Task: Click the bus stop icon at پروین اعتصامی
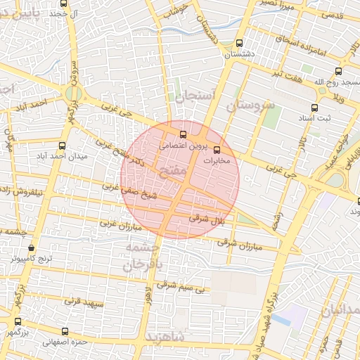tap(184, 134)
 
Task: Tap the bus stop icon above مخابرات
tap(217, 150)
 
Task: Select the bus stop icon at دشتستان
tap(239, 42)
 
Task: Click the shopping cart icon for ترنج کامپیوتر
tap(32, 248)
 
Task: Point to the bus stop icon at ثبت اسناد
tap(314, 108)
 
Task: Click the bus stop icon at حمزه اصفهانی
tap(65, 331)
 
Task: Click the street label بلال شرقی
tap(206, 219)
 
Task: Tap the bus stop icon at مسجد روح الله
tap(339, 71)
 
